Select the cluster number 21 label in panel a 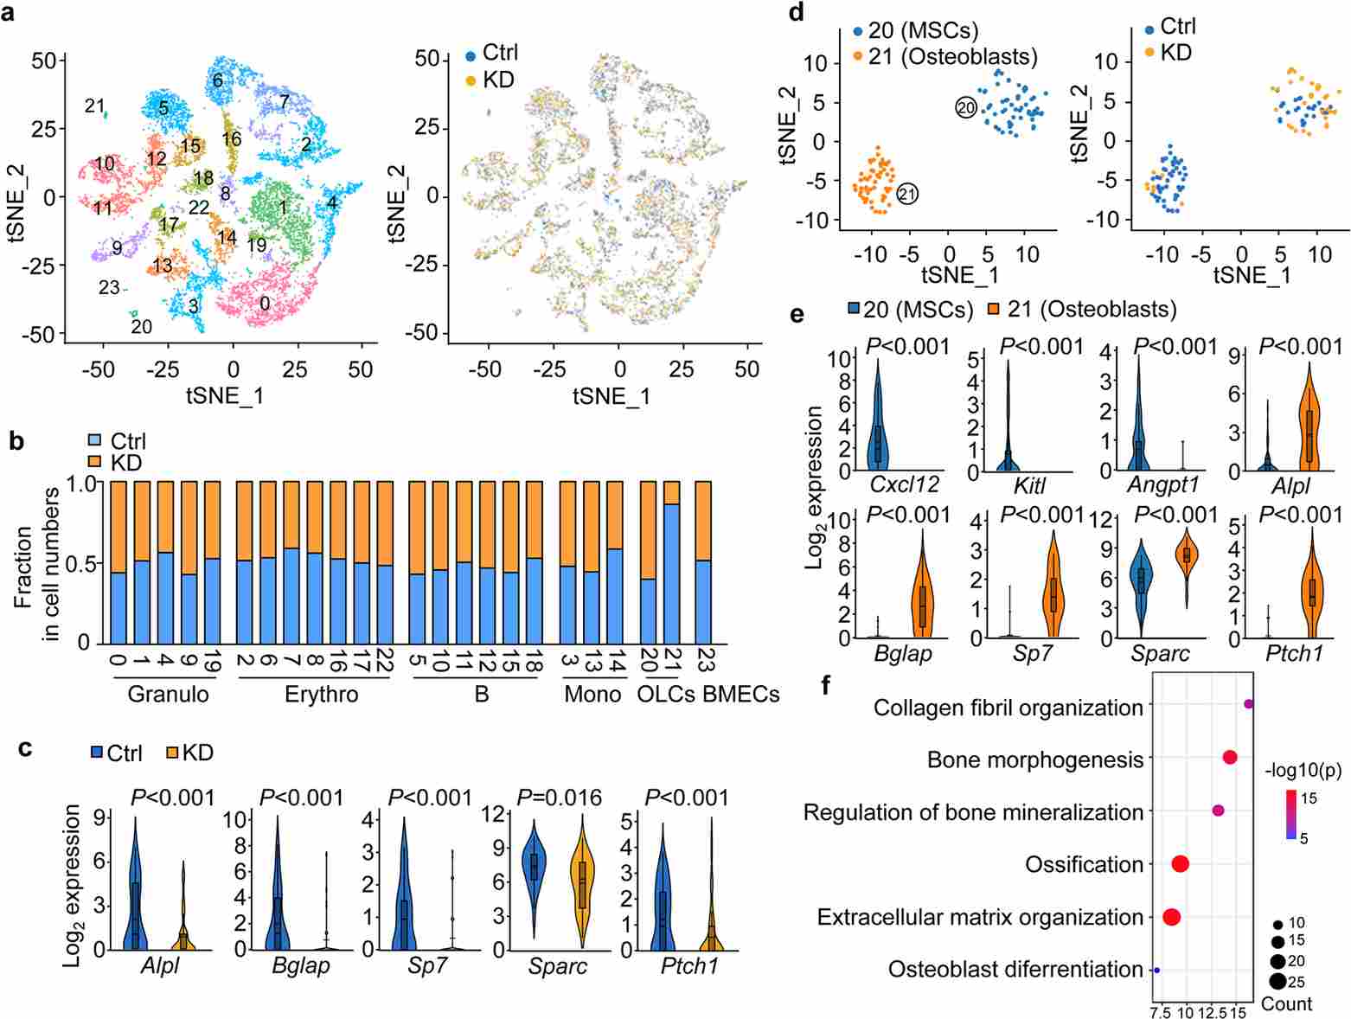click(94, 106)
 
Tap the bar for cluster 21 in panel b click(672, 562)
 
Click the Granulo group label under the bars click(168, 694)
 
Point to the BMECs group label click(741, 694)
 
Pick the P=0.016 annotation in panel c click(558, 798)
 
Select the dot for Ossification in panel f click(1180, 863)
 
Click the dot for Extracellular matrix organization click(1172, 917)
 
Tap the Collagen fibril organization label click(1008, 708)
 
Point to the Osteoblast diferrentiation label click(1015, 970)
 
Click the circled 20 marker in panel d click(965, 107)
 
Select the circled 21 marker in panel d click(907, 194)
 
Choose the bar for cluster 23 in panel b click(703, 562)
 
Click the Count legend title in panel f click(1286, 1003)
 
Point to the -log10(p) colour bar click(1290, 815)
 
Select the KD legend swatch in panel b click(95, 463)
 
